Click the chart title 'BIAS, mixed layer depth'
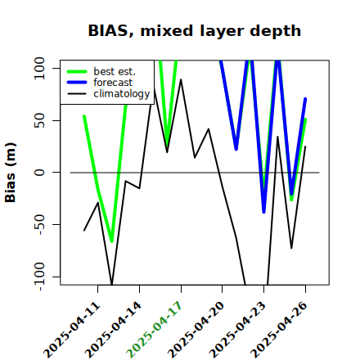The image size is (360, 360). [195, 31]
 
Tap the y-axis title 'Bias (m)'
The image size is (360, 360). [11, 173]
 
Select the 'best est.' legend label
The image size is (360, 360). [115, 71]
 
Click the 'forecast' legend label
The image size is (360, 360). [113, 83]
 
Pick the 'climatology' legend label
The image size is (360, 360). [122, 94]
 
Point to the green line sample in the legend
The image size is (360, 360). [77, 71]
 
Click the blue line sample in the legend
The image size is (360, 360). [77, 83]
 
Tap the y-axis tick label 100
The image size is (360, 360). [39, 68]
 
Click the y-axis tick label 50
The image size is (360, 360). [39, 120]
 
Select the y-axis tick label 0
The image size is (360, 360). [39, 173]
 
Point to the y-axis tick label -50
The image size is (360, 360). [39, 224]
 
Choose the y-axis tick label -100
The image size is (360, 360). [39, 277]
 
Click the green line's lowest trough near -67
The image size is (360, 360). [111, 241]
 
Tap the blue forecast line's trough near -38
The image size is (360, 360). [263, 212]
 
